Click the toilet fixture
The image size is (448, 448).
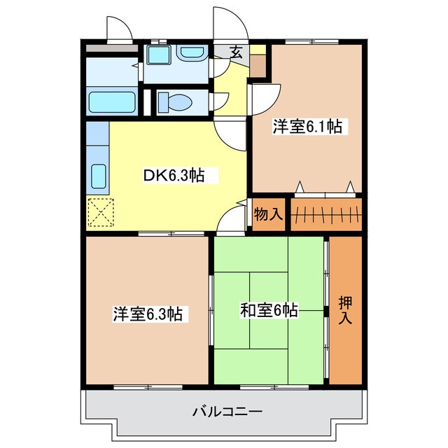175,102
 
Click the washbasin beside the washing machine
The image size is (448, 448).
189,53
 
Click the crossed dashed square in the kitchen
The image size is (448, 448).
101,212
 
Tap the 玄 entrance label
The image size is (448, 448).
237,52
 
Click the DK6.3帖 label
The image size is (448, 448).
174,176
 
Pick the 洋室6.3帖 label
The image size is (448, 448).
148,314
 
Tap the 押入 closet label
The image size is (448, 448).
346,310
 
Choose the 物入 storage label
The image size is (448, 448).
268,215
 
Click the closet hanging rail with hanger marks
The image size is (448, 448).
325,215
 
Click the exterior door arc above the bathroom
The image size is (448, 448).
119,28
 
